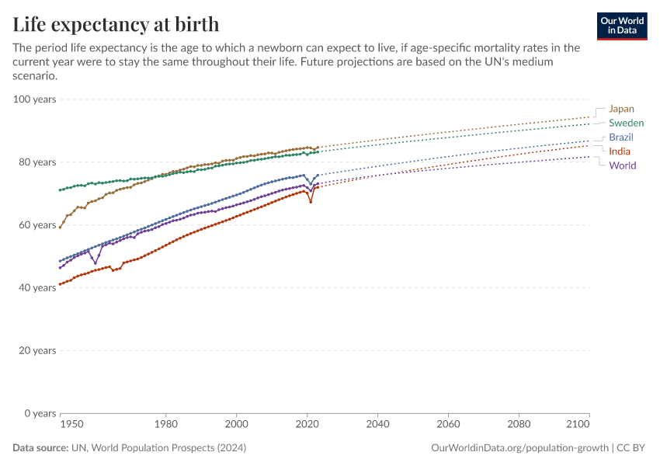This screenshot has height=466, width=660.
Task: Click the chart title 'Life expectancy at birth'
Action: [116, 24]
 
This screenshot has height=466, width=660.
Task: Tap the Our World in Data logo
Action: [621, 26]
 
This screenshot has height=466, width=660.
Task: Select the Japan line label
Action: [621, 109]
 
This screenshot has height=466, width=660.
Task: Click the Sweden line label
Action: [626, 123]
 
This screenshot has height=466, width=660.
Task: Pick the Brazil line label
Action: [621, 137]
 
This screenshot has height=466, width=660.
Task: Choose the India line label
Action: [620, 151]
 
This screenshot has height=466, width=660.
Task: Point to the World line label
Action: [623, 165]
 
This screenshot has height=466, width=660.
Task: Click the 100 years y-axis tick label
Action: [34, 99]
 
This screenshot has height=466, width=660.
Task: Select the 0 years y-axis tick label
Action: [39, 413]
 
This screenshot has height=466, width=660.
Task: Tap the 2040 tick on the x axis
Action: [377, 425]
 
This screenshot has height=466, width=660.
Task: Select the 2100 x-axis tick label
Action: [578, 425]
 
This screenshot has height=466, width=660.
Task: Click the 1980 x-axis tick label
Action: [165, 425]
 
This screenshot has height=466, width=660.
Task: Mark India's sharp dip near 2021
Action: [311, 202]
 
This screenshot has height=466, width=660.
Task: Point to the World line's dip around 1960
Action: [96, 263]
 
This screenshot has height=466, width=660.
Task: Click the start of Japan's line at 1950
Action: [60, 227]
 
